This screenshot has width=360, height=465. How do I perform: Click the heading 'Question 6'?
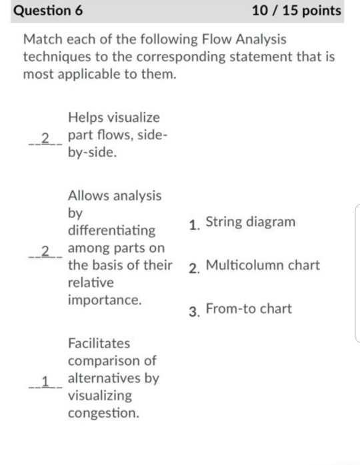(48, 11)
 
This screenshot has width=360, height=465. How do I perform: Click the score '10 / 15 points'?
(297, 11)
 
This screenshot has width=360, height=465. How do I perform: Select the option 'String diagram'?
(251, 222)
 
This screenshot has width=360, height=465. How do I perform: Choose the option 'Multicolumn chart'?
(263, 265)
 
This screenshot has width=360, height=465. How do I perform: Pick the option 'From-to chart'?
(249, 308)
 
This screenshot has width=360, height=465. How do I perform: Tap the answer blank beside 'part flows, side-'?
(45, 139)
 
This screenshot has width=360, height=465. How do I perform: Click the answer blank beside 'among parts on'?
(45, 251)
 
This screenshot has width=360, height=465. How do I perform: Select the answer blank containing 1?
(45, 382)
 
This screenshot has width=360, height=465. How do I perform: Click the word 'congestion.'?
(103, 413)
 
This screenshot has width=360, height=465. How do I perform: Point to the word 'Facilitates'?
(99, 343)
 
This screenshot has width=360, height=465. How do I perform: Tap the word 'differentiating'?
(112, 231)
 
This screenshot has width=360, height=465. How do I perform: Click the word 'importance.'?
(105, 300)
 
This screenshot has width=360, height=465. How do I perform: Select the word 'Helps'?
(86, 118)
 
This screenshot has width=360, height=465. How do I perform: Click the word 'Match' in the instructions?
(43, 39)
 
